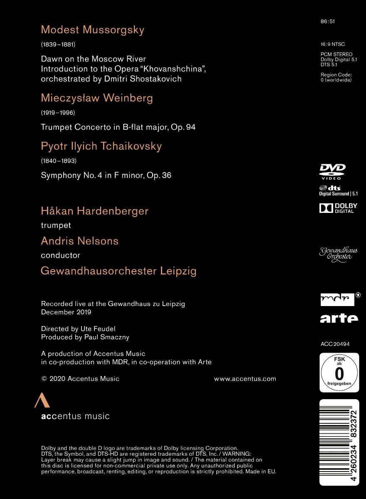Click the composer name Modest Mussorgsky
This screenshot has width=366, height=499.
click(92, 30)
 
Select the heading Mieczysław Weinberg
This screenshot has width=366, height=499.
click(97, 98)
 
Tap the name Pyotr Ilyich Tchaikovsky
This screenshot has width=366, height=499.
click(101, 146)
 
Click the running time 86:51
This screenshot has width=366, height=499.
click(328, 22)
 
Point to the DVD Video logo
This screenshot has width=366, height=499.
click(332, 171)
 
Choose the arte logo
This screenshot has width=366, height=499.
click(339, 318)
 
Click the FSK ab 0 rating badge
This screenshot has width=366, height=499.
click(339, 373)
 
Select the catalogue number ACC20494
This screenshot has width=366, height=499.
click(335, 344)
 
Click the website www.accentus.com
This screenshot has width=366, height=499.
click(245, 378)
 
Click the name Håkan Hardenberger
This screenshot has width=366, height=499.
click(94, 211)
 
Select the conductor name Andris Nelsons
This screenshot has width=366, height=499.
click(79, 241)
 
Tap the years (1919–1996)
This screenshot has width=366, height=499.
click(58, 112)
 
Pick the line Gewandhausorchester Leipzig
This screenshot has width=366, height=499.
click(119, 271)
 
